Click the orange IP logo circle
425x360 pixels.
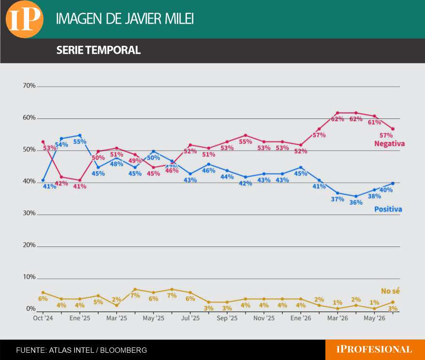25,19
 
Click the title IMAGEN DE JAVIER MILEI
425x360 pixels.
125,19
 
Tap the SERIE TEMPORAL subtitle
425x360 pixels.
99,50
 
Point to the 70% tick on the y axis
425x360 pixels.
29,86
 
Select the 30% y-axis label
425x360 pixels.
29,213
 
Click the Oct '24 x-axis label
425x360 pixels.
43,318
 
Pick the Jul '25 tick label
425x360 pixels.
190,318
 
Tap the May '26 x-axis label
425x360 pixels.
374,318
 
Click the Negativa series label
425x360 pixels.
389,144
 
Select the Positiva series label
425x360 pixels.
388,209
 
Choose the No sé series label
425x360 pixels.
390,291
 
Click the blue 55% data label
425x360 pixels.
80,142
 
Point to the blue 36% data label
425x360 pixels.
356,202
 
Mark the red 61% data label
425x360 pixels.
374,122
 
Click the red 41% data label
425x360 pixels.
80,187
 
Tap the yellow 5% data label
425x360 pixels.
98,302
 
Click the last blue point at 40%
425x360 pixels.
393,184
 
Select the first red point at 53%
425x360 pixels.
43,142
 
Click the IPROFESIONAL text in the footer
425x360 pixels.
374,349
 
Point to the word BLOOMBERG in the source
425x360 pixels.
124,350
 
